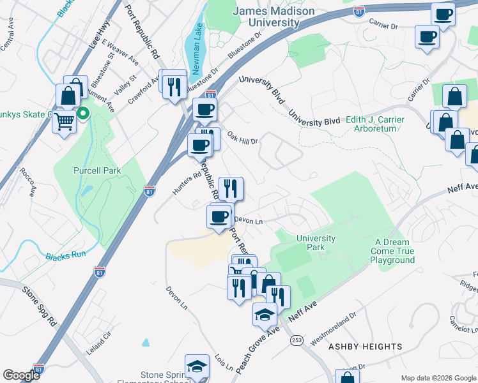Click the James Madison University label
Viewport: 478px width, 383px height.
click(x=274, y=17)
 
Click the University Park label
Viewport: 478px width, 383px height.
click(x=316, y=243)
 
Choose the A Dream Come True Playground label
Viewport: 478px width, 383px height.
click(x=395, y=251)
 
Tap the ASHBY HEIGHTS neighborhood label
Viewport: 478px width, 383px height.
click(x=365, y=347)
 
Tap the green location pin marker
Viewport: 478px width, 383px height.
click(x=82, y=114)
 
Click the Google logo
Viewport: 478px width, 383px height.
click(x=22, y=375)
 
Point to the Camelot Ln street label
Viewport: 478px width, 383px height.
click(x=462, y=323)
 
